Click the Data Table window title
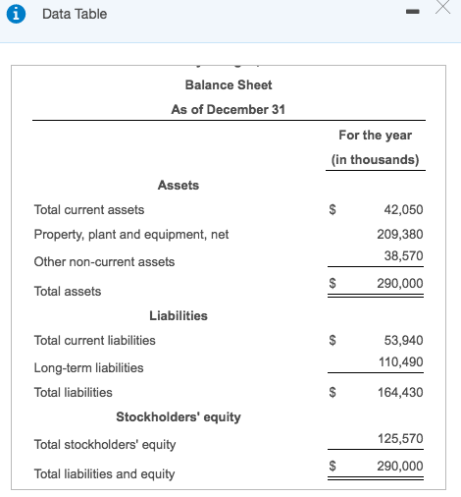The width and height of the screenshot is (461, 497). [x=75, y=14]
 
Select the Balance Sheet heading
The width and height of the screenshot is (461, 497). [x=229, y=84]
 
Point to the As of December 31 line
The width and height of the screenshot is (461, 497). [x=228, y=109]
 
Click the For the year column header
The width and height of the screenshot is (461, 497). [x=375, y=135]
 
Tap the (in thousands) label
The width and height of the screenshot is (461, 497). [x=375, y=159]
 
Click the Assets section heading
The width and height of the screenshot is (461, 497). [x=179, y=185]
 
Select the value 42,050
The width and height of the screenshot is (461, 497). [x=402, y=209]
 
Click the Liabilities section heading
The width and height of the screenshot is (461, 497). [x=179, y=315]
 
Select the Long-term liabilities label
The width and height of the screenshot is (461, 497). [x=88, y=367]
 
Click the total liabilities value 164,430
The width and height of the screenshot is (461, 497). [x=399, y=392]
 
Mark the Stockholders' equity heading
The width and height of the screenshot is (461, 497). [x=179, y=416]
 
